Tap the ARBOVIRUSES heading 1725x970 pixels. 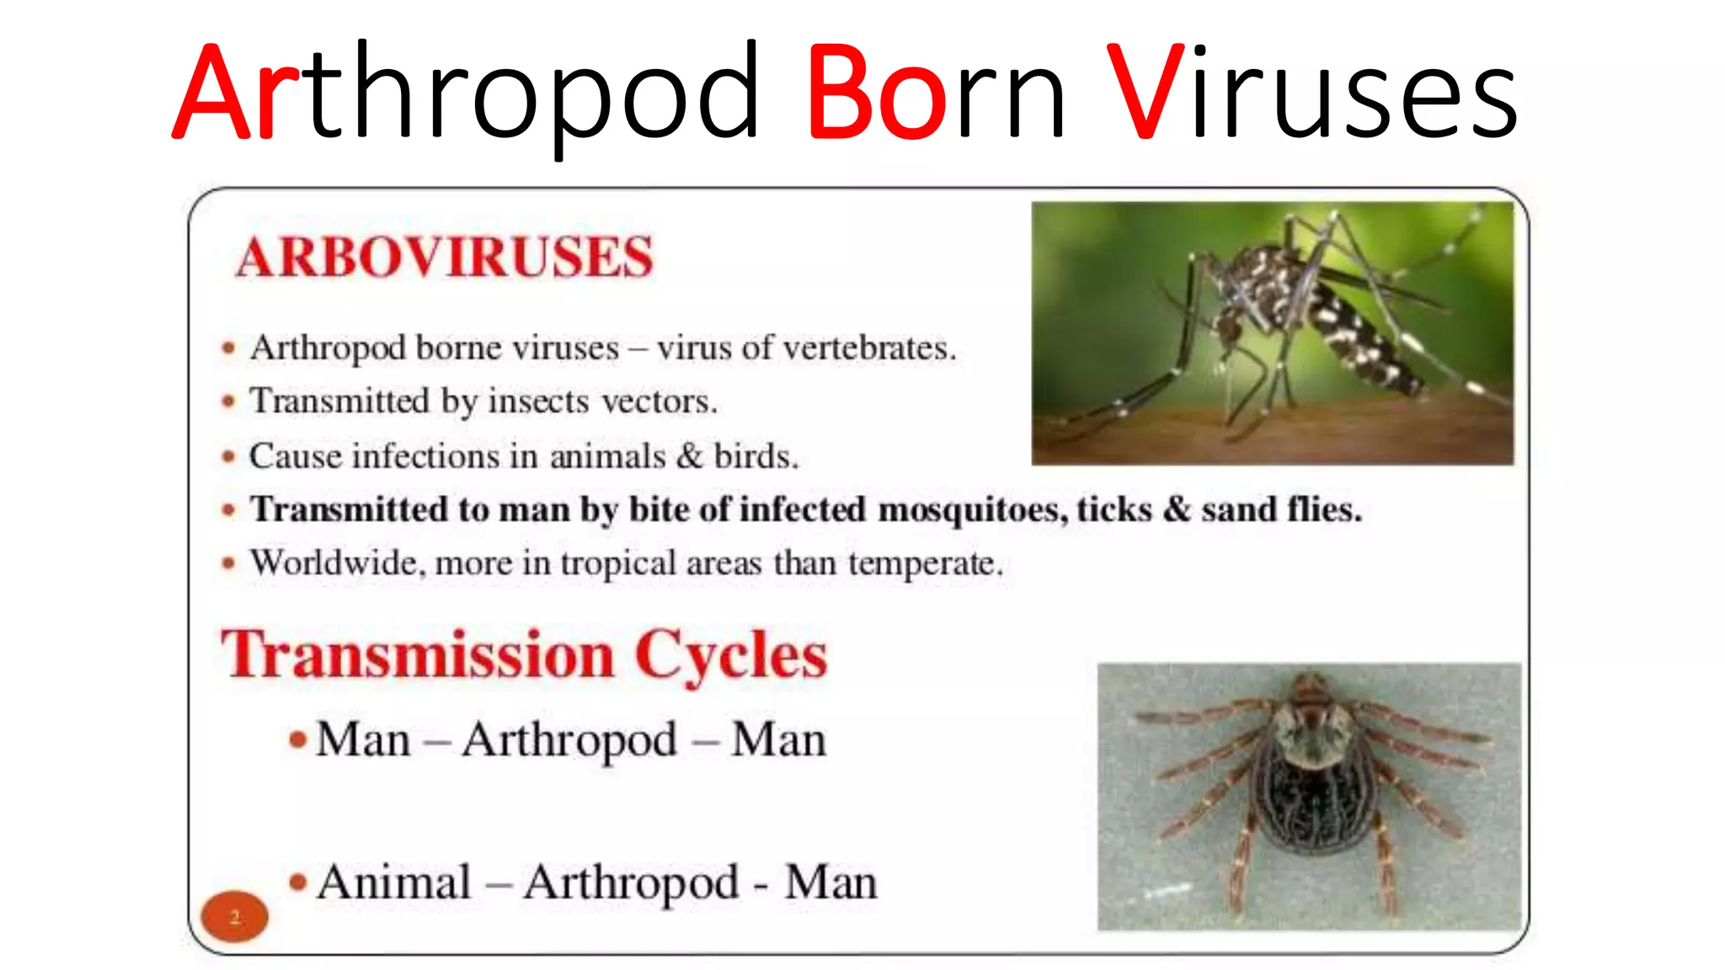[x=445, y=257]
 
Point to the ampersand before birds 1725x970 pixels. [x=690, y=456]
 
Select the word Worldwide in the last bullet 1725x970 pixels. [x=338, y=562]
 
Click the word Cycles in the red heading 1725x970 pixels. [x=731, y=655]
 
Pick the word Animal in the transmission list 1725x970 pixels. [x=394, y=882]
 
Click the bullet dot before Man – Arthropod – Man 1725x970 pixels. [x=297, y=740]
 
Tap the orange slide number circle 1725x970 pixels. [x=235, y=916]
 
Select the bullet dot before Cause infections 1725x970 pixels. [x=228, y=457]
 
